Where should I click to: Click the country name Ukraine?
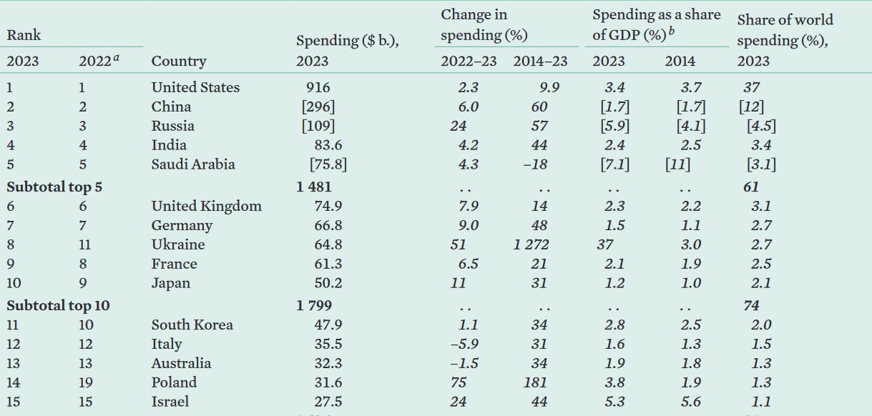(x=177, y=244)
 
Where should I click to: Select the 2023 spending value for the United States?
(x=318, y=88)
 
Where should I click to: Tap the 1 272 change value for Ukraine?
(x=531, y=244)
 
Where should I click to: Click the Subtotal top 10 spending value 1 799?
(x=314, y=306)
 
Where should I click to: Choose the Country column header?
(x=178, y=61)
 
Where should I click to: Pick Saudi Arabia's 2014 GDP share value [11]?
(x=677, y=164)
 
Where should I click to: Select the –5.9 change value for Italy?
(x=464, y=345)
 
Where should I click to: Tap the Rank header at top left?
(x=24, y=35)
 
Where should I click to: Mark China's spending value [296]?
(x=318, y=107)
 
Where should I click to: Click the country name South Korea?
(x=192, y=325)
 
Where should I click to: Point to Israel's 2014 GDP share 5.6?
(x=690, y=402)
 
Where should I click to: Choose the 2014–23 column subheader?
(x=540, y=61)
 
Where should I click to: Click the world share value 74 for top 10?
(x=751, y=306)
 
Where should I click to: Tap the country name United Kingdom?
(x=206, y=207)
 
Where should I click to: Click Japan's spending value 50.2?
(x=328, y=283)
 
